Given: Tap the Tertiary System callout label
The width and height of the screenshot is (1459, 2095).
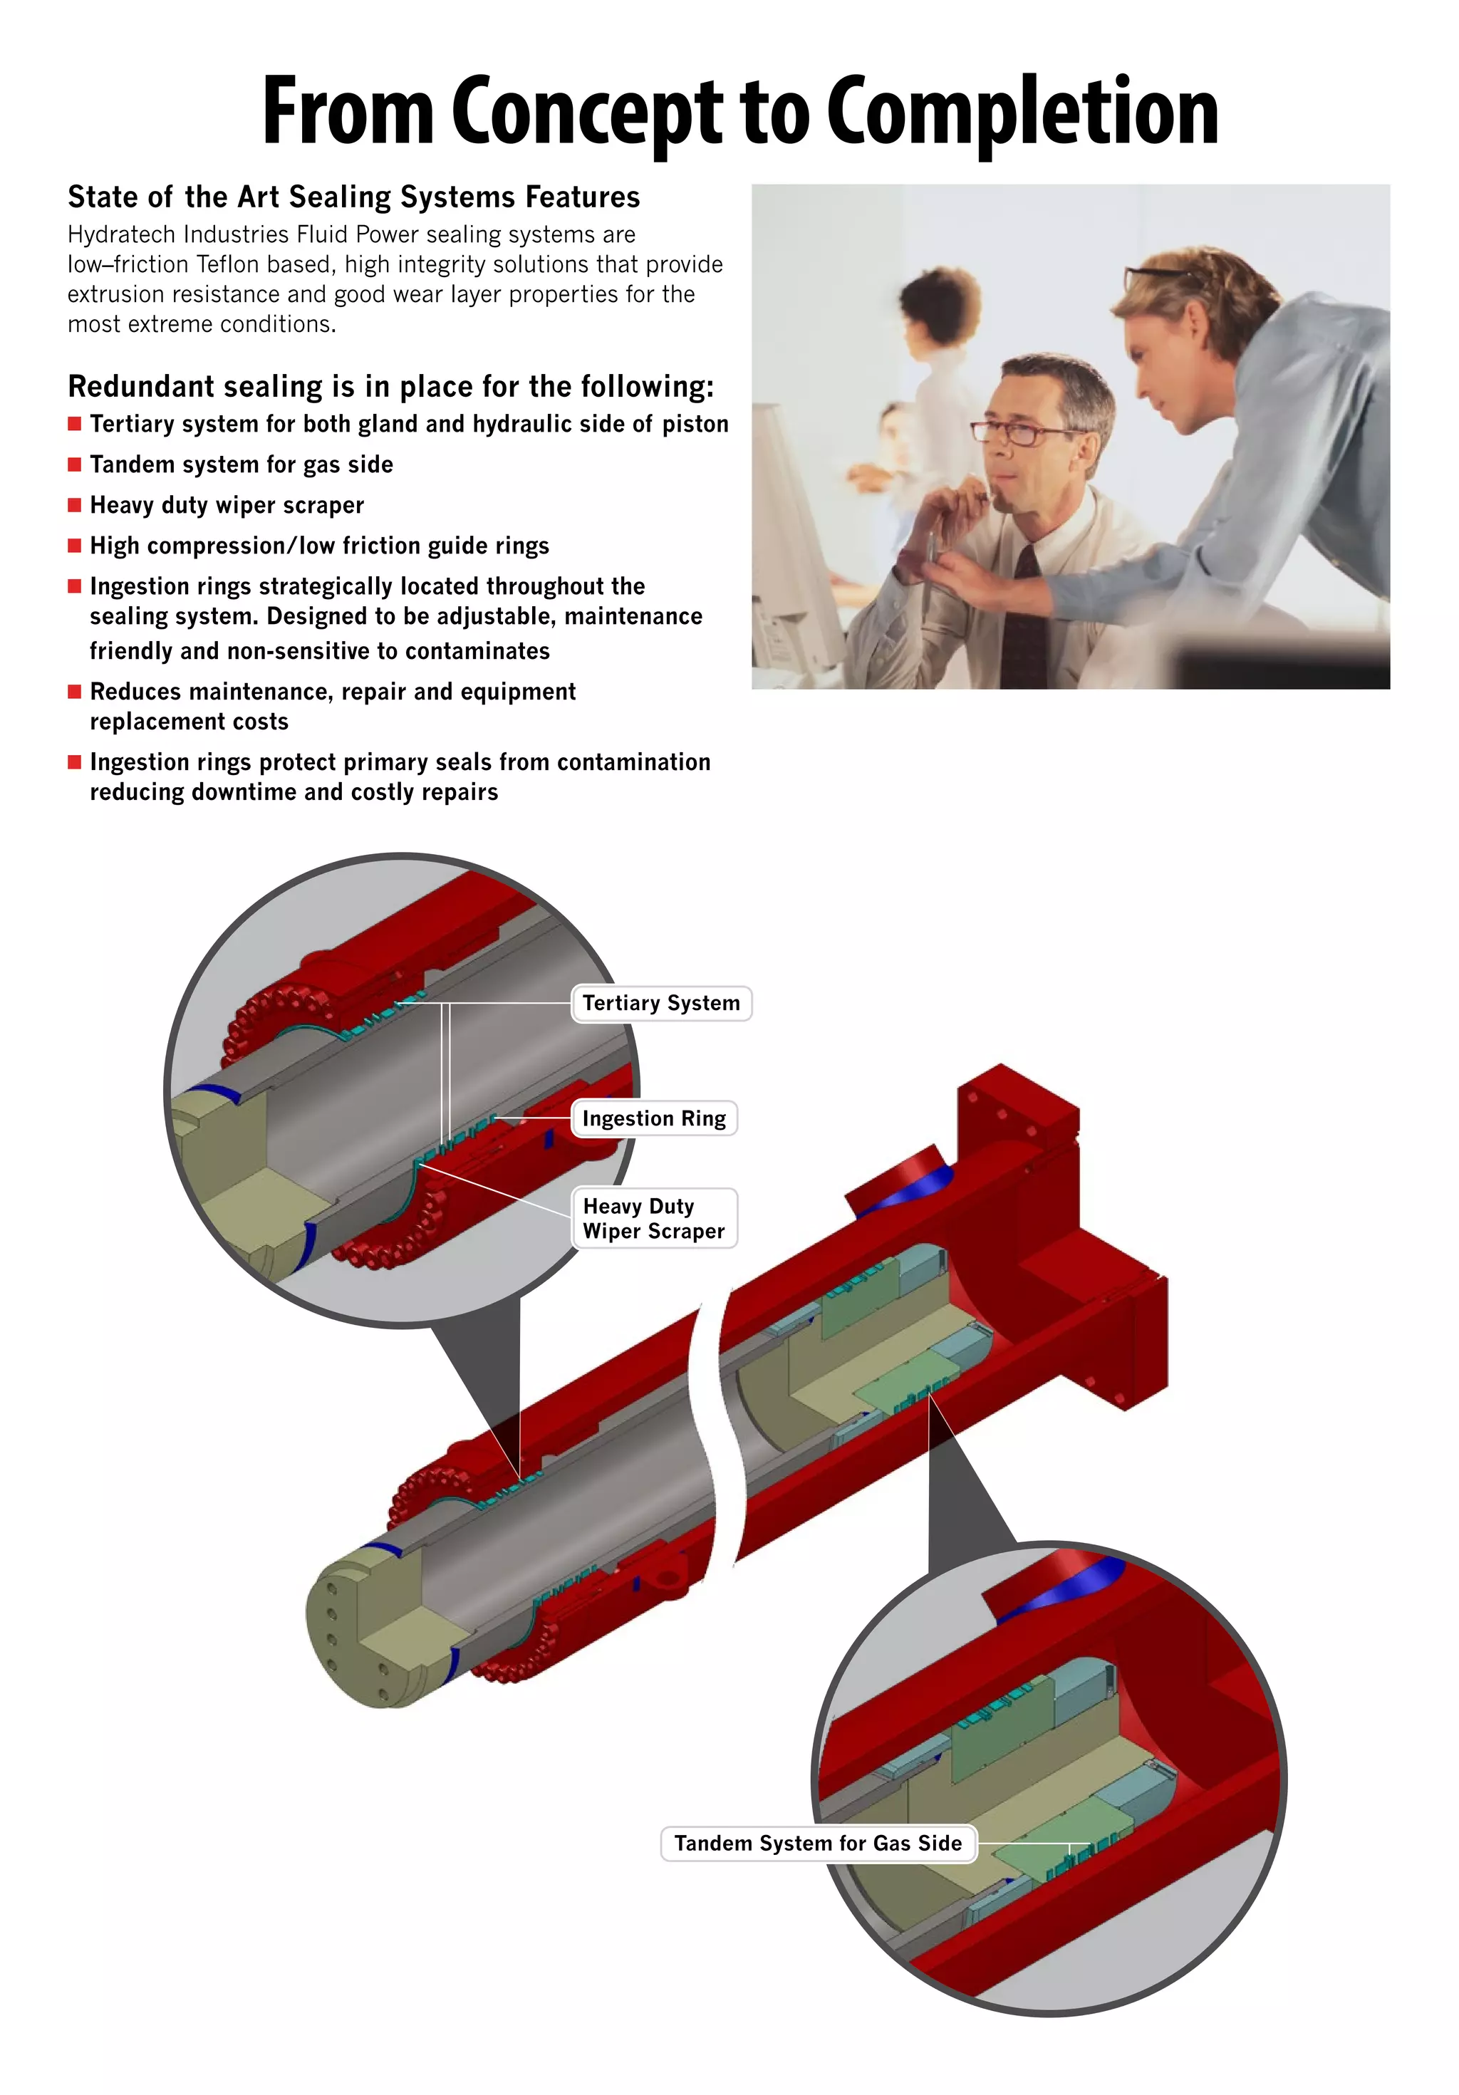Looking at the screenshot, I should coord(660,1003).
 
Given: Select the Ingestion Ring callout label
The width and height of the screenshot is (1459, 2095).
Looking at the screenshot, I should coord(653,1118).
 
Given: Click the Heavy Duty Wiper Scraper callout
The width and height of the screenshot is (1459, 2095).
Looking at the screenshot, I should coord(653,1218).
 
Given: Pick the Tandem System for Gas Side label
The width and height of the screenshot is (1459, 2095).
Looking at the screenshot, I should coord(818,1843).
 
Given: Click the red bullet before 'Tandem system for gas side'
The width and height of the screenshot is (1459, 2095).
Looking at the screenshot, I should coord(75,464).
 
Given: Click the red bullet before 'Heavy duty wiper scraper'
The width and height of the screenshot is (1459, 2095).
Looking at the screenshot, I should coord(75,504).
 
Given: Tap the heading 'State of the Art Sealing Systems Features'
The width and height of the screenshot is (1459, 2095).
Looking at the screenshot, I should coord(353,197).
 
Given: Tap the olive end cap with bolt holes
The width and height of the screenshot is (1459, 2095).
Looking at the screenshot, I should coord(360,1633).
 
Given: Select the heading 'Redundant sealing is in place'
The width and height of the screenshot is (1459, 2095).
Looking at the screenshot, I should coord(390,387).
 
